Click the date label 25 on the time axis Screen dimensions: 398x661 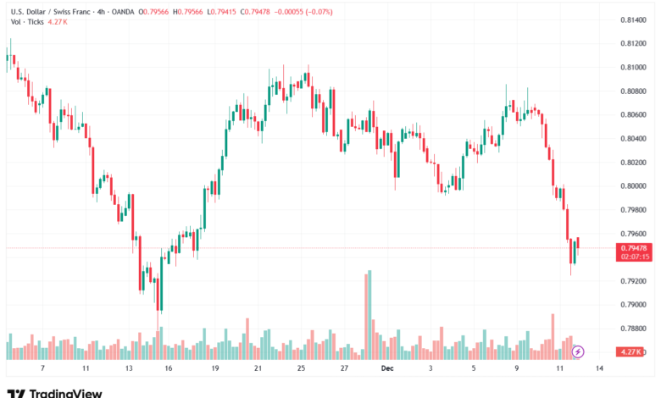click(301, 369)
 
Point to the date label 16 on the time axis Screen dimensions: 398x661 click(169, 369)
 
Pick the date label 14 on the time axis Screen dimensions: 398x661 click(599, 369)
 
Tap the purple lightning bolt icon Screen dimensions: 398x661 click(578, 351)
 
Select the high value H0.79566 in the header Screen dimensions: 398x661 click(188, 11)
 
